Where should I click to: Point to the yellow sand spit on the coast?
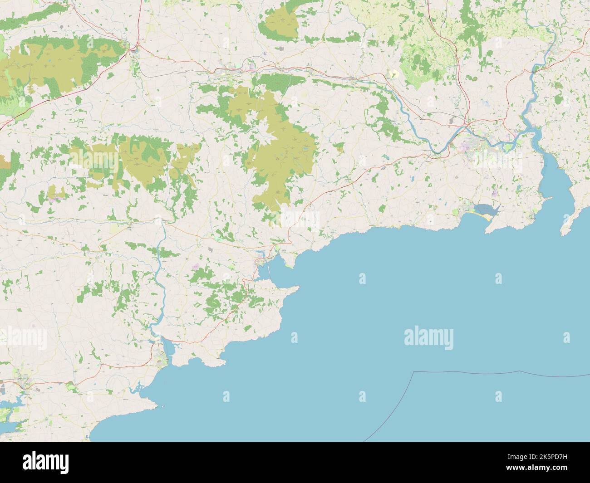(x=488, y=218)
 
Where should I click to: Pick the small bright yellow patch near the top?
(x=394, y=73)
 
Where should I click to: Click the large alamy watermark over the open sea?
(x=428, y=338)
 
